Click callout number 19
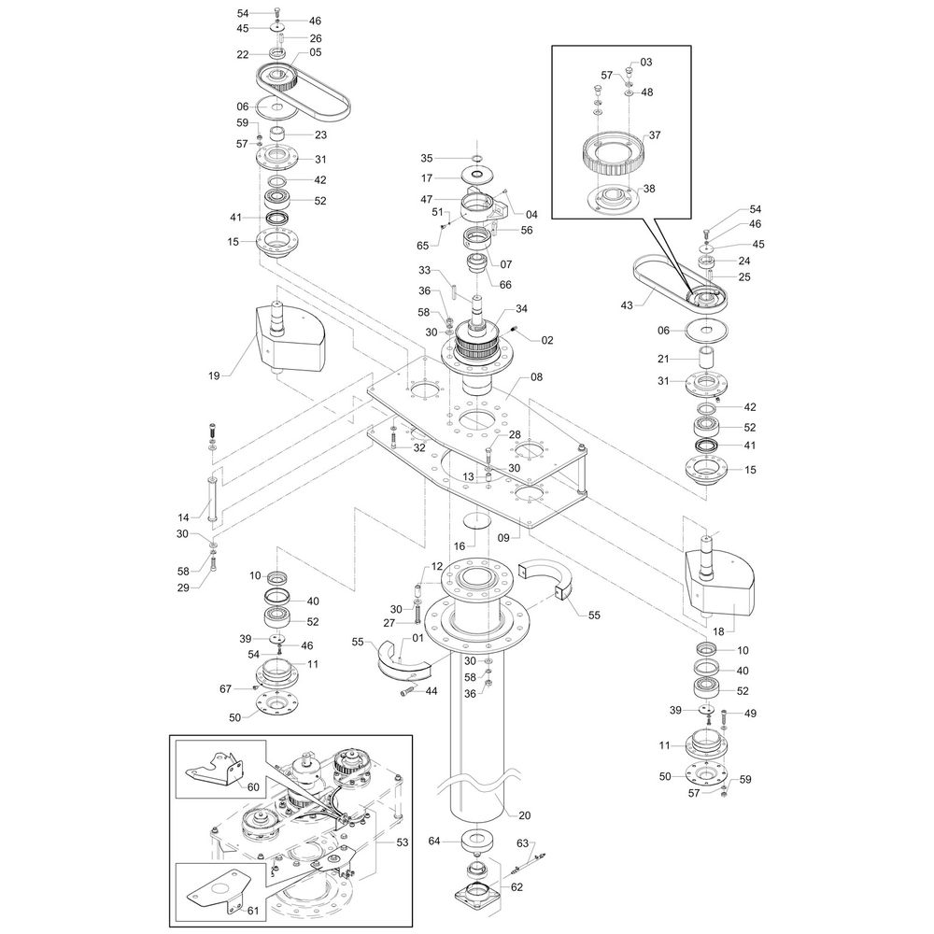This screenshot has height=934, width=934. (x=215, y=375)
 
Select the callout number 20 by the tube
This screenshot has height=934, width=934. (x=524, y=815)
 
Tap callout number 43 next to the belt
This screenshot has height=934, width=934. (x=627, y=305)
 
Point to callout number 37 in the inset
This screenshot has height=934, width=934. (x=655, y=135)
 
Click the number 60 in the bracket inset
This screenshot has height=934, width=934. (x=253, y=786)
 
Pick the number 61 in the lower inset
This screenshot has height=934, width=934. (x=253, y=910)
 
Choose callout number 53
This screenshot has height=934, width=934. (x=403, y=842)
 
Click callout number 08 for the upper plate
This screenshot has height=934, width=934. (x=537, y=377)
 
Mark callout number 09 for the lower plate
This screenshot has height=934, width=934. (x=503, y=538)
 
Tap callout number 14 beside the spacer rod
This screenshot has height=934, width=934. (x=183, y=517)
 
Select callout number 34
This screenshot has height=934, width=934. (x=521, y=308)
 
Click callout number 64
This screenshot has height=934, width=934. (x=434, y=841)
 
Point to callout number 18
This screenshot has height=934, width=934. (x=718, y=630)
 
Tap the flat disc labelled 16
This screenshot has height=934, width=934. (x=476, y=518)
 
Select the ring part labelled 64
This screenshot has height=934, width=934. (x=476, y=842)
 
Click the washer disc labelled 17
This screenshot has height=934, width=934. (x=477, y=176)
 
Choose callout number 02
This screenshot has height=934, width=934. (x=546, y=340)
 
